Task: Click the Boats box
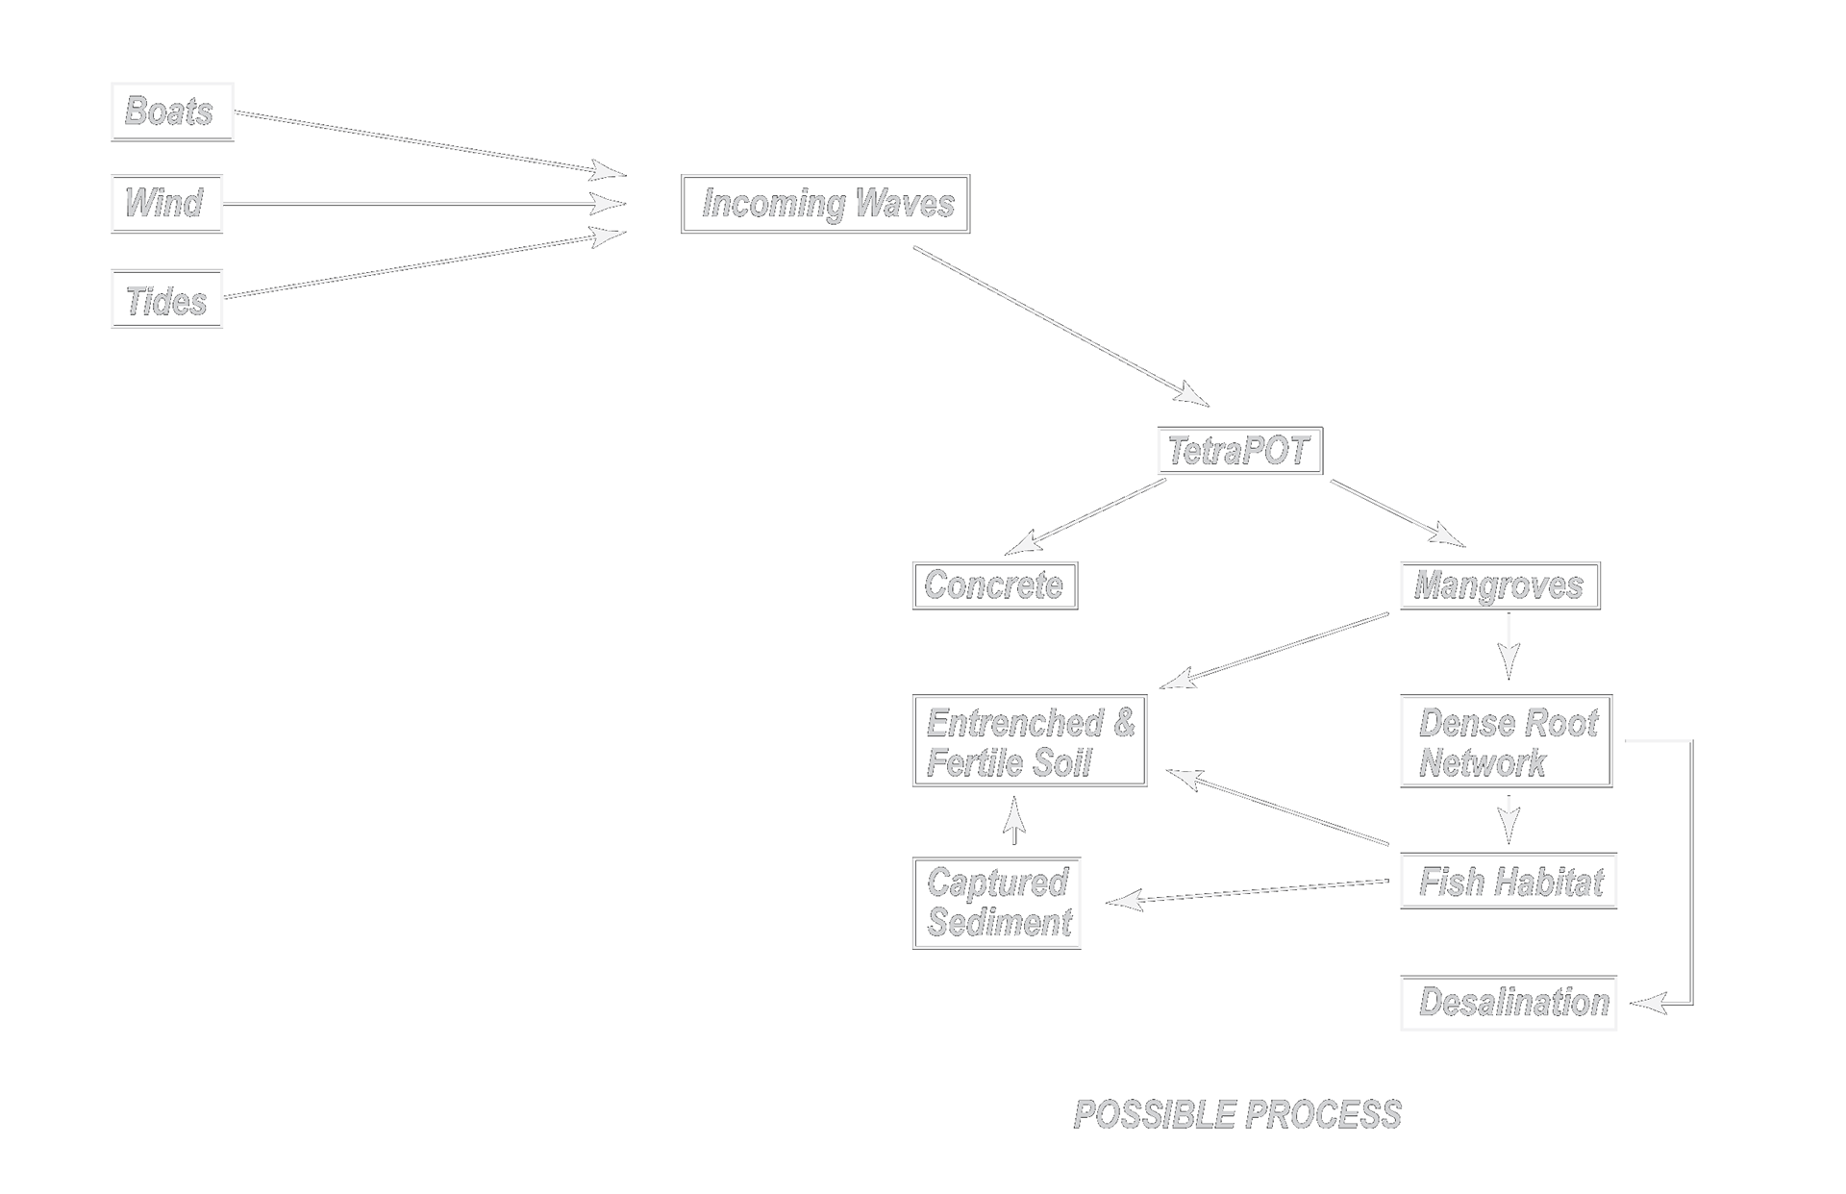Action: coord(172,112)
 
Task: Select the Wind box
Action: coord(166,204)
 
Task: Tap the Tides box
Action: coord(166,299)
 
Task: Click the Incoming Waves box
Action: coord(825,204)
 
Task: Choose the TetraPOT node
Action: coord(1238,451)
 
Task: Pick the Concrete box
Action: coord(994,585)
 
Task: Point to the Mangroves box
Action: coord(1499,585)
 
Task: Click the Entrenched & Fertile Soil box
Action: coord(1029,741)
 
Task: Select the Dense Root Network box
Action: coord(1506,741)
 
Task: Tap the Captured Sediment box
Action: coord(996,903)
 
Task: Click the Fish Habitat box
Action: coord(1508,881)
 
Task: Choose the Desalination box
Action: coord(1508,1004)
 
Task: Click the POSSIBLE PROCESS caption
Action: coord(1237,1115)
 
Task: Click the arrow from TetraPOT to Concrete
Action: coord(1086,517)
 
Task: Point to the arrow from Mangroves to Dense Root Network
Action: coord(1509,646)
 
